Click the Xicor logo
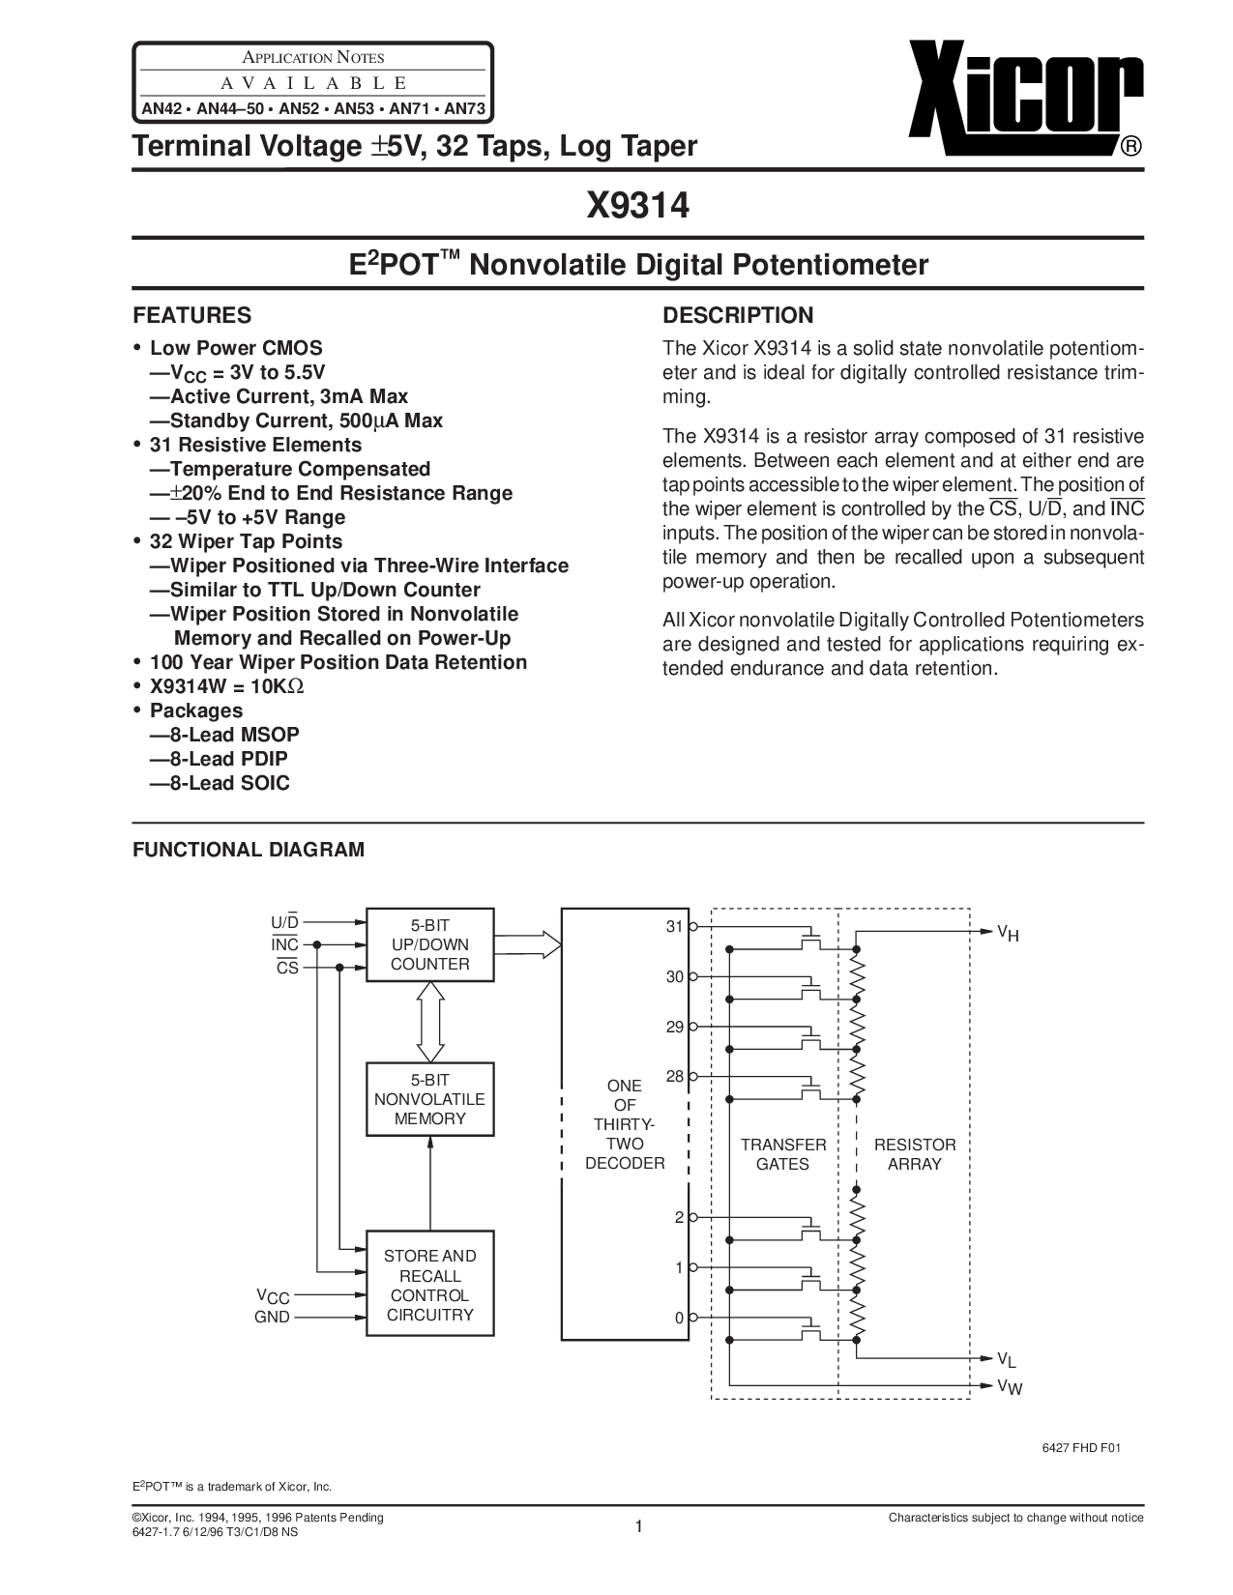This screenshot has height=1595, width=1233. pos(1025,99)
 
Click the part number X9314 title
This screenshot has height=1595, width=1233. pos(637,206)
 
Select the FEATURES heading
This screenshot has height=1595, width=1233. pos(191,315)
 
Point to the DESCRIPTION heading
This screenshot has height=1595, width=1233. pos(738,315)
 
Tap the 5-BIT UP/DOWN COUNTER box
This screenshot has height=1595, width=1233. pos(429,943)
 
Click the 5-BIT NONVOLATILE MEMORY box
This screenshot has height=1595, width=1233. pos(429,1099)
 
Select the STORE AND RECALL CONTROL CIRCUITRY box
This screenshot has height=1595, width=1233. pos(429,1285)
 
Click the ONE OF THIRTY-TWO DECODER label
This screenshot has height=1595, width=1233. pos(624,1124)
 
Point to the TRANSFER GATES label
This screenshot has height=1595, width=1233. pos(782,1154)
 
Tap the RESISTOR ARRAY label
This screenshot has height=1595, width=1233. pos(914,1154)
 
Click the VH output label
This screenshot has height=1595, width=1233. pos(1008,933)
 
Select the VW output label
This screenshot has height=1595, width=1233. pos(1009,1386)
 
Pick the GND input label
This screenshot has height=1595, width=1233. pos(272,1318)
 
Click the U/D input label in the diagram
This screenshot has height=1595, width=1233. pos(285,922)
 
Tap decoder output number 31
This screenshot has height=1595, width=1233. pos(674,927)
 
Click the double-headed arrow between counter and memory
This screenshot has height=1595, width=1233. pos(429,1022)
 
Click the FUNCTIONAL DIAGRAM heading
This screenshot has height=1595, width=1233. pos(249,850)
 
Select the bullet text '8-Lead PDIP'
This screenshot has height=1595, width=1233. pos(228,759)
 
